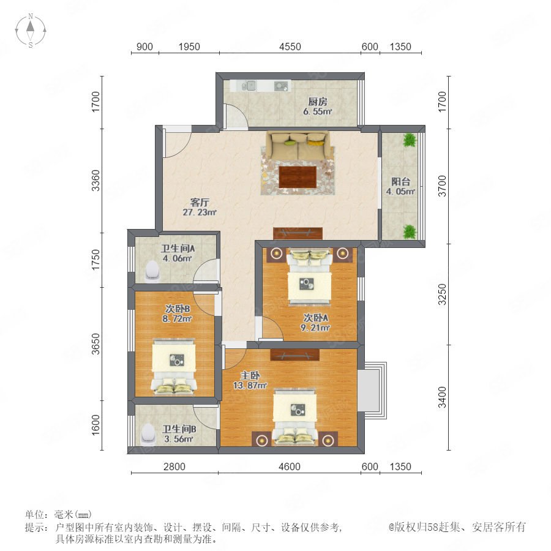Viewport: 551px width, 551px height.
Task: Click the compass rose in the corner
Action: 31,31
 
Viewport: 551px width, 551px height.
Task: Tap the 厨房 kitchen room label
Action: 318,102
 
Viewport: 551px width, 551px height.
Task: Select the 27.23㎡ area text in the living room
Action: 199,212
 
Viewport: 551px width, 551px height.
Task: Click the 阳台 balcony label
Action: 400,182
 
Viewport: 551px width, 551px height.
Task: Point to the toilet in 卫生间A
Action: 152,271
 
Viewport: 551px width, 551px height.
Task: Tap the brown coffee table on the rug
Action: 298,177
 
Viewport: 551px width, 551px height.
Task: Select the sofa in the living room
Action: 298,145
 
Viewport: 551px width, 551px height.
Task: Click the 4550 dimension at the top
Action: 290,47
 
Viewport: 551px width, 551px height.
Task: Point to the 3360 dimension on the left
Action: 96,181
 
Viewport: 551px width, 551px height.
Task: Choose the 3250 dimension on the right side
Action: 442,294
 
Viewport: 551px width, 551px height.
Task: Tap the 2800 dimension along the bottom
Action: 174,467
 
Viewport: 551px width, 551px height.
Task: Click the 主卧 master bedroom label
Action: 250,376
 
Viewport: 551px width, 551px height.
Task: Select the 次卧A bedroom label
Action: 316,318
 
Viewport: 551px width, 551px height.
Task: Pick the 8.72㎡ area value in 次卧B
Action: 177,319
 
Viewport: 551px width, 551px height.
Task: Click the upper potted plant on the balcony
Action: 410,140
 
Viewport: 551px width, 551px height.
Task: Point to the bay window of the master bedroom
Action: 372,391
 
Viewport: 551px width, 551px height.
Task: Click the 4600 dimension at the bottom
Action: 289,467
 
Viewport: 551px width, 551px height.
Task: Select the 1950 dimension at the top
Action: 189,47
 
